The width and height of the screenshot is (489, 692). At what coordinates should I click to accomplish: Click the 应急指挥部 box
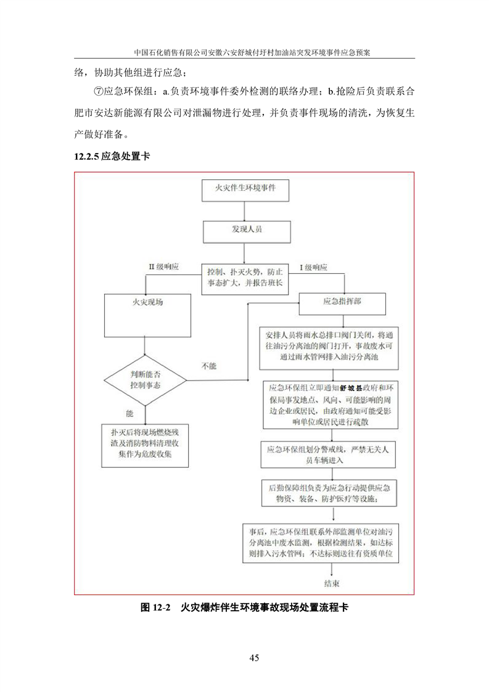coord(343,303)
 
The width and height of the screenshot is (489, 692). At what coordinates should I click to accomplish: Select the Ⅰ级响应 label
coord(313,267)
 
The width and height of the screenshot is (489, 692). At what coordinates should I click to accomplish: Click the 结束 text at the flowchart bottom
coord(333,583)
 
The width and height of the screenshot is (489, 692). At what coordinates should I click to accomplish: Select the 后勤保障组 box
coord(332,492)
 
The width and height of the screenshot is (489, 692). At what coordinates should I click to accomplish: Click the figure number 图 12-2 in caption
coord(155,608)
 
